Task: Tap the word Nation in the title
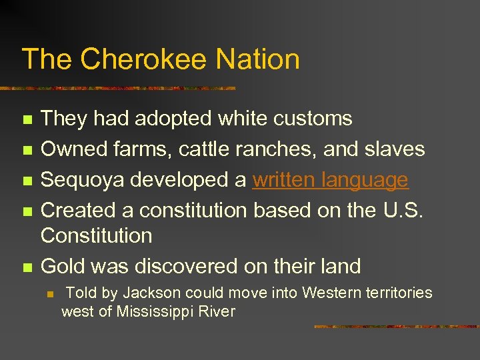coord(257,59)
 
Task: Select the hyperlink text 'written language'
coord(330,180)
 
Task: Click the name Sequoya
coord(83,180)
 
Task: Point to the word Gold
coord(63,266)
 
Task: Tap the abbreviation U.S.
coord(403,210)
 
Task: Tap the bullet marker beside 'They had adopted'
coord(27,120)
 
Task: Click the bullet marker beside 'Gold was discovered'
coord(27,267)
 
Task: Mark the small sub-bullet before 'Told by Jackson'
coord(49,293)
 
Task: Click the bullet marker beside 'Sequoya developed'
coord(27,181)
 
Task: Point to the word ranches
coord(276,149)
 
